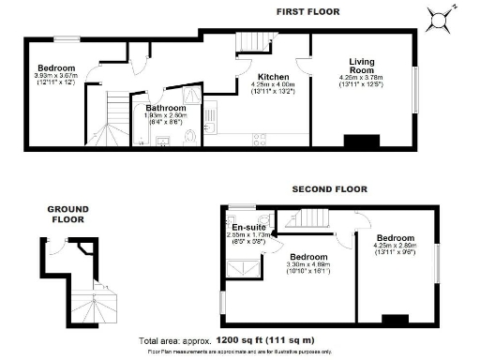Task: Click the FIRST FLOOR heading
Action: [307, 11]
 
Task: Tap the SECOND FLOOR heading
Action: [329, 188]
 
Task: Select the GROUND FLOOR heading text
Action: [68, 214]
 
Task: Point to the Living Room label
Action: [362, 66]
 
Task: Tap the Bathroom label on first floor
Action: [166, 109]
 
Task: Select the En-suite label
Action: [249, 228]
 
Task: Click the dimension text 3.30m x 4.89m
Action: [307, 264]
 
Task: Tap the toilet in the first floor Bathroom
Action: [192, 136]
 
